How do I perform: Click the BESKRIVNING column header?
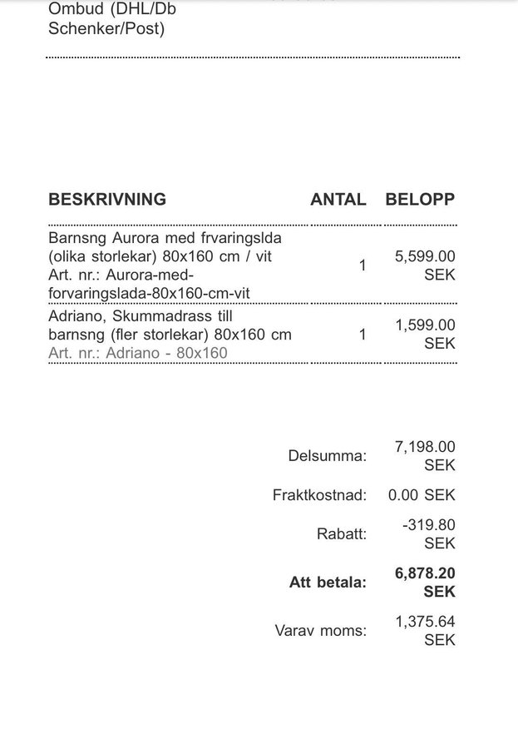coord(107,200)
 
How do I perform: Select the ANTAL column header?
coord(338,200)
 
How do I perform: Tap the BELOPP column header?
coord(420,200)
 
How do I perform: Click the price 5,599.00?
coord(425,257)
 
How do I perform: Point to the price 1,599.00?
coord(425,325)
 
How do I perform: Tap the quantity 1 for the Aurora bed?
coord(363,266)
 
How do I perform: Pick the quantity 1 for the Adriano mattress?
coord(363,335)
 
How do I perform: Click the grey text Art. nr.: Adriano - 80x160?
coord(138,353)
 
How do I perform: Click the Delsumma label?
coord(327,456)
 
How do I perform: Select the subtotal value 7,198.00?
coord(425,448)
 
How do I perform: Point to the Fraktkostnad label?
coord(319,495)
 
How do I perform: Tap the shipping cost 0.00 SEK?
coord(422,495)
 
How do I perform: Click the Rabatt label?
coord(341,534)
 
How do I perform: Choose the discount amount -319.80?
coord(428,526)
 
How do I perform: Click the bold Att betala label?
coord(328,583)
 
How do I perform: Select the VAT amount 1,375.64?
coord(425,622)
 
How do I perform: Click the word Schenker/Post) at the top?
coord(106,29)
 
